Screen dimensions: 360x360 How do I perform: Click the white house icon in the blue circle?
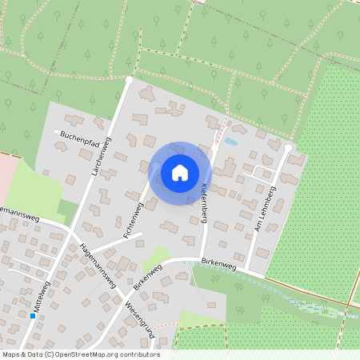point(180,172)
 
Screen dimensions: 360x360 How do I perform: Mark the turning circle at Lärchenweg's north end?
point(129,80)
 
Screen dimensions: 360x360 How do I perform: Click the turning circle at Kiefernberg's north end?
point(214,148)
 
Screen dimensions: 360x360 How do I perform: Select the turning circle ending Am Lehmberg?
point(288,148)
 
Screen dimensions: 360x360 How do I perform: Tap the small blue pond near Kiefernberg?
point(231,141)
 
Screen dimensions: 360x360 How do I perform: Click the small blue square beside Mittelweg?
point(33,316)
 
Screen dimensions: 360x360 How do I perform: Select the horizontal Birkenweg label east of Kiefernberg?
point(220,262)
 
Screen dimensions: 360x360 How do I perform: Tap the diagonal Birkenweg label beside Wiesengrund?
point(149,277)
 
